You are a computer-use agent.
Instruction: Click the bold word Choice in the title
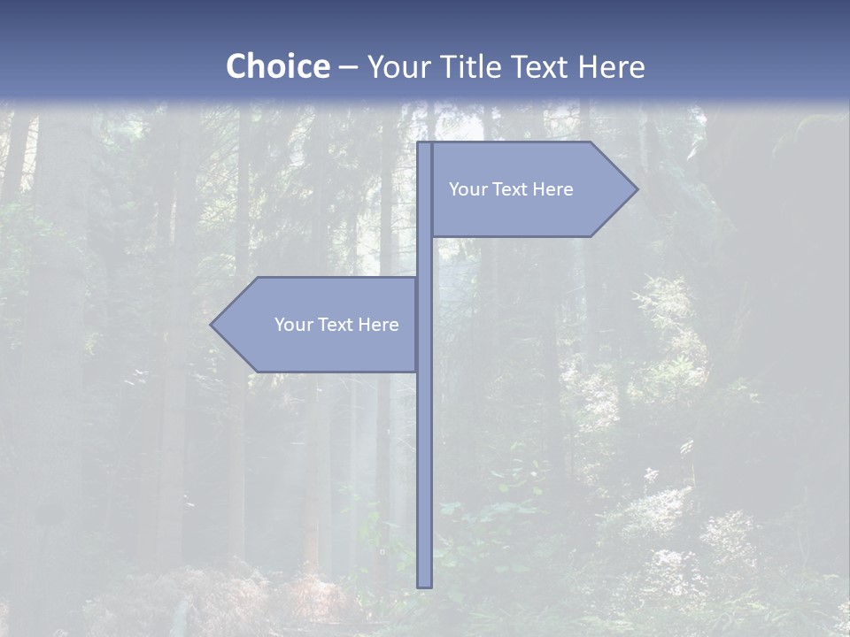[x=277, y=67]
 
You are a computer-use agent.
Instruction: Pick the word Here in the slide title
[x=612, y=67]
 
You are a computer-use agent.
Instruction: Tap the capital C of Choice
[x=237, y=67]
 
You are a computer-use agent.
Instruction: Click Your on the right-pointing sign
[x=467, y=189]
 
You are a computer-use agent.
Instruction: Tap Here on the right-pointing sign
[x=552, y=189]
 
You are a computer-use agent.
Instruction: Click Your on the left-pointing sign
[x=293, y=325]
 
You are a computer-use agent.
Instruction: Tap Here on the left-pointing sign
[x=378, y=325]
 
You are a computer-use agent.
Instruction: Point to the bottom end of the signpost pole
[x=424, y=585]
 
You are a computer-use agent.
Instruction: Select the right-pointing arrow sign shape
[x=531, y=212]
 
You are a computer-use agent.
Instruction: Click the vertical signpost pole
[x=424, y=460]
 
